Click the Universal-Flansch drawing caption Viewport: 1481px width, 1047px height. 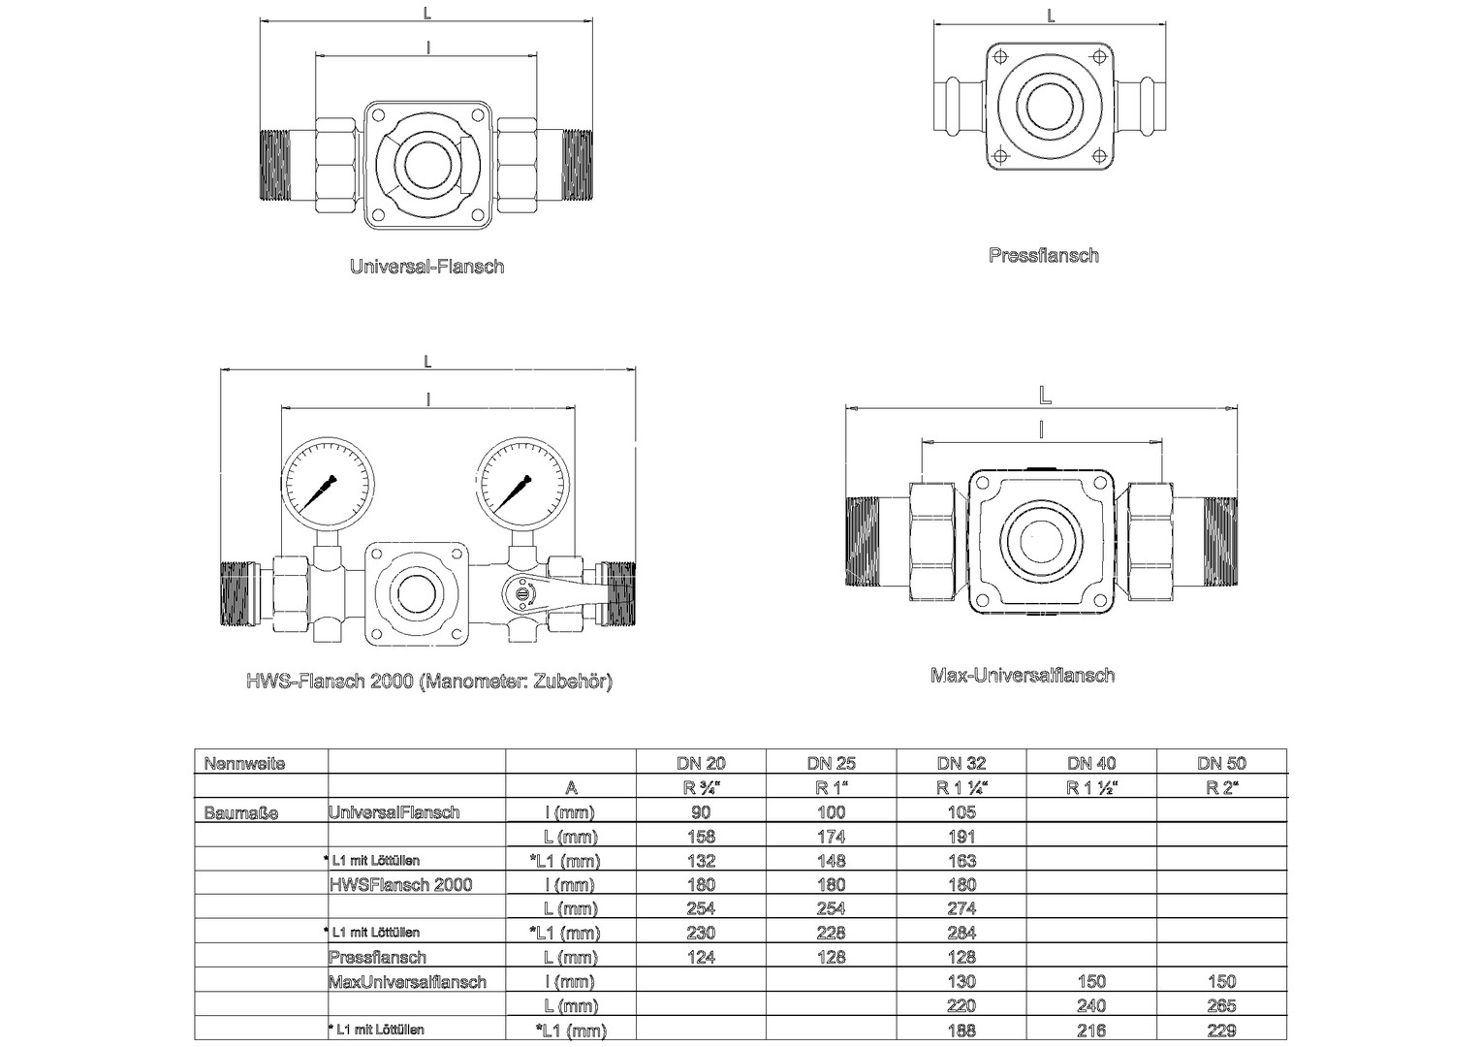click(427, 267)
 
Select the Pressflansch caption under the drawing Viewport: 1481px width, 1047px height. click(1044, 255)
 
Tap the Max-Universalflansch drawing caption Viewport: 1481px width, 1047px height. click(1023, 676)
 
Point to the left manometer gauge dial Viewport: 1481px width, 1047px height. click(328, 483)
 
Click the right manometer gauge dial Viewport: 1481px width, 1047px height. click(522, 483)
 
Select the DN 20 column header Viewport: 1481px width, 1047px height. click(701, 763)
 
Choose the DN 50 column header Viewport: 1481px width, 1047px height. click(1222, 763)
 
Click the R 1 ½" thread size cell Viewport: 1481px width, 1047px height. click(1091, 788)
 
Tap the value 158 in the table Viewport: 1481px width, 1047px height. click(701, 837)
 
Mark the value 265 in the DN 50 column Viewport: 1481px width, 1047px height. click(1222, 1006)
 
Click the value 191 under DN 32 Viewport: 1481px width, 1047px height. click(961, 837)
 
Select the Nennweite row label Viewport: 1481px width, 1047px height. click(244, 764)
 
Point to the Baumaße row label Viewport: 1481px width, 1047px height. click(241, 812)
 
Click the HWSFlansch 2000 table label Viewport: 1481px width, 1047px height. click(400, 885)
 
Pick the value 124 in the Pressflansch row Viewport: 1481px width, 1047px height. click(701, 957)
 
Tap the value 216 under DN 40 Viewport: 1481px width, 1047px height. click(1091, 1031)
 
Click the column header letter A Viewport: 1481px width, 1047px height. click(571, 788)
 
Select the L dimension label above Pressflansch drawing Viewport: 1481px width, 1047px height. click(1051, 16)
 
